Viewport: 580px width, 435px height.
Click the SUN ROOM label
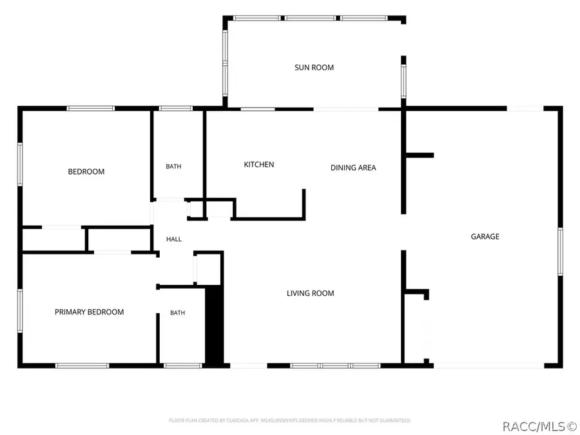click(314, 67)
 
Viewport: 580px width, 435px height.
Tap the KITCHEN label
click(259, 164)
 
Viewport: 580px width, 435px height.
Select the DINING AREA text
click(353, 168)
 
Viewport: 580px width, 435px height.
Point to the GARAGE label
click(485, 237)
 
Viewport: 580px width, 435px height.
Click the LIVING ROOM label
click(311, 293)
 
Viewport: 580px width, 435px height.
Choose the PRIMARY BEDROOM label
click(89, 312)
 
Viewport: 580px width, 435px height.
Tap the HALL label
click(174, 239)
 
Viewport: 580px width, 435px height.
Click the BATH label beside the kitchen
click(173, 166)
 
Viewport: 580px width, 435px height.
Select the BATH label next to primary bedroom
click(178, 313)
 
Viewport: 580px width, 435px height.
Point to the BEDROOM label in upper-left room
click(86, 171)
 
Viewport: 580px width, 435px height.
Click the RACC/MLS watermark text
click(539, 427)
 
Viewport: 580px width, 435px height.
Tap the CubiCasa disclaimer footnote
click(290, 420)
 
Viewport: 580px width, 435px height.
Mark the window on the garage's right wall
click(560, 251)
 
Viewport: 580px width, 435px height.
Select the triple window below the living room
click(335, 366)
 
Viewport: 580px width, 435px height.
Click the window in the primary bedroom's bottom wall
click(82, 366)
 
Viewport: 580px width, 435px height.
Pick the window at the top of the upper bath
click(176, 108)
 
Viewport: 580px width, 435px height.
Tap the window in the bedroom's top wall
click(91, 108)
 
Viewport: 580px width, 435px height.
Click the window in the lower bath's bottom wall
click(183, 366)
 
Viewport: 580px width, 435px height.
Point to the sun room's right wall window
click(403, 81)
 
